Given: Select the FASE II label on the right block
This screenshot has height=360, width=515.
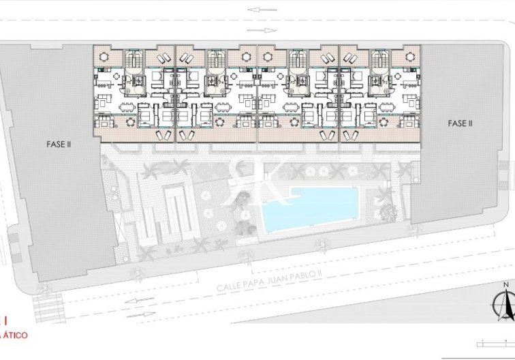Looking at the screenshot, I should [x=460, y=123].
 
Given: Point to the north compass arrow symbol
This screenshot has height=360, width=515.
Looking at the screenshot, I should [x=505, y=304].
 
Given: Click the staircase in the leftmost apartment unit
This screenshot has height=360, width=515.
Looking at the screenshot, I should [x=134, y=61].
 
